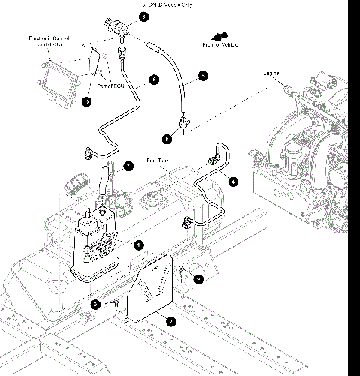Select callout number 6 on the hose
[154, 79]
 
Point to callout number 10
[88, 101]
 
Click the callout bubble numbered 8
[166, 139]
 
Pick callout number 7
[128, 166]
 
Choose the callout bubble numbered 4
[233, 181]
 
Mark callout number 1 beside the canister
[138, 245]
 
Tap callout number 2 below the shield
[170, 321]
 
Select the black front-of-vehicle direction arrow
[220, 35]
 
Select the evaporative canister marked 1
[94, 244]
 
